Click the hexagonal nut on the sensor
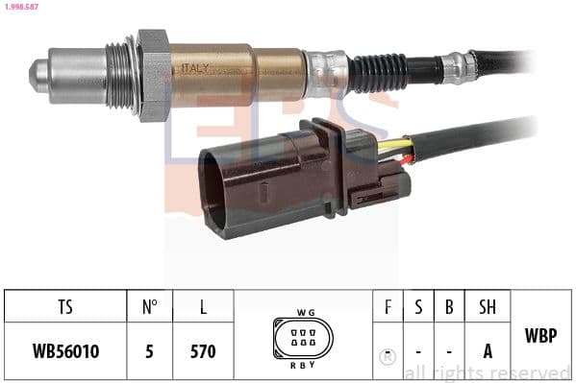152,73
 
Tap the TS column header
64,307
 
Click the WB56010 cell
64,351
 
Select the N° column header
149,307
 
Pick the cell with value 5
149,351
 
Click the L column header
202,307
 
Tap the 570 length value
202,351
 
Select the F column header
387,307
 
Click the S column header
418,307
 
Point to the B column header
449,307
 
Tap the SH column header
488,307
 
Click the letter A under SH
488,351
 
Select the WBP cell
540,336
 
